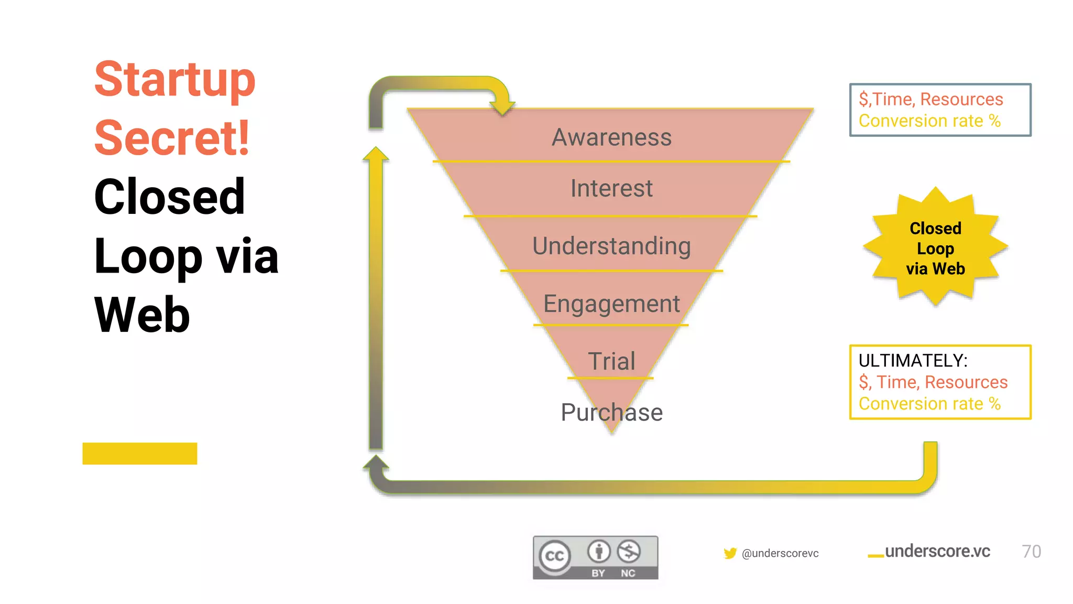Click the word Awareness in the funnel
click(611, 137)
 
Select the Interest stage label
click(611, 188)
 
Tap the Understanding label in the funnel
click(611, 246)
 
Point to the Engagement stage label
click(611, 304)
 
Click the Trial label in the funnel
click(611, 361)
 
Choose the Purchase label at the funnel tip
click(611, 413)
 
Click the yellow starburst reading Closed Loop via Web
click(935, 247)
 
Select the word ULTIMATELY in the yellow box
click(913, 361)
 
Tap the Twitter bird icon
click(730, 553)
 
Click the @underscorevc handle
click(780, 554)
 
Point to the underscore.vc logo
click(929, 552)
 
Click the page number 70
click(1031, 552)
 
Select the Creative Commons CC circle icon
click(555, 556)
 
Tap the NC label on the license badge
click(628, 573)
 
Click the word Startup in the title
click(174, 80)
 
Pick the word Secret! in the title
click(172, 138)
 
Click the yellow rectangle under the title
click(139, 454)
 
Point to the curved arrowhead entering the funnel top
click(502, 106)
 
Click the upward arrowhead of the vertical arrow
click(376, 154)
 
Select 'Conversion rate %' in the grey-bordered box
click(929, 121)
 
